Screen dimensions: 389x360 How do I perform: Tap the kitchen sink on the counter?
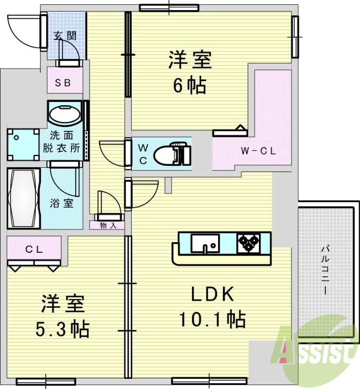[205, 243]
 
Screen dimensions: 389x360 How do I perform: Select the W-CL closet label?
[258, 151]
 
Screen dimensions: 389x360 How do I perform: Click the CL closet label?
[34, 250]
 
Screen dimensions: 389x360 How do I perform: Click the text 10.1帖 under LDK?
[211, 319]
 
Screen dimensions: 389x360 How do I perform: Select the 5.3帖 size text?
[62, 329]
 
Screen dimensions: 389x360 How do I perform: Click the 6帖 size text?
[189, 86]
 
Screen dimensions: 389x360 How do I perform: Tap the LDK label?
[212, 294]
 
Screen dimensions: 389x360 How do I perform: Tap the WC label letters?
[144, 153]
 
